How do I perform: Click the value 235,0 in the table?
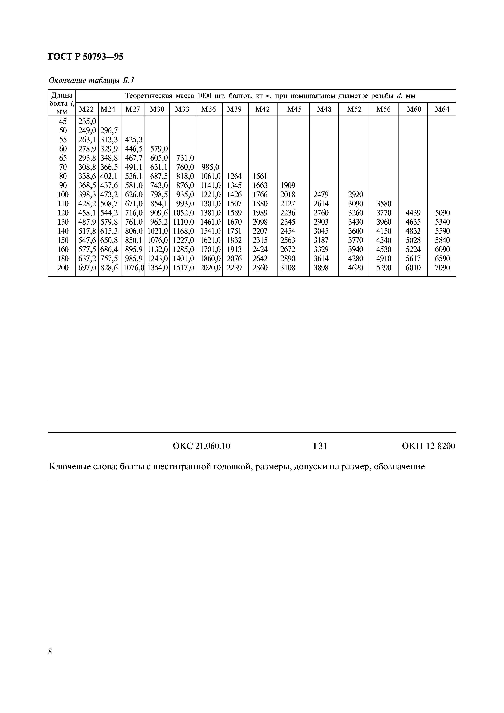click(x=87, y=121)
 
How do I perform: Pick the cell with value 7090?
click(x=442, y=268)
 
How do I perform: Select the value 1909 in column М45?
click(x=287, y=185)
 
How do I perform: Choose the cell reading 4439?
click(x=413, y=213)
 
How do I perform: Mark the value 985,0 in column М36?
click(x=210, y=167)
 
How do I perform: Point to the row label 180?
click(x=63, y=258)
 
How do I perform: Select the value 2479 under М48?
click(x=321, y=194)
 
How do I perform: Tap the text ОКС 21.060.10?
click(x=201, y=446)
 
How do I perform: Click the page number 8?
click(x=50, y=651)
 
